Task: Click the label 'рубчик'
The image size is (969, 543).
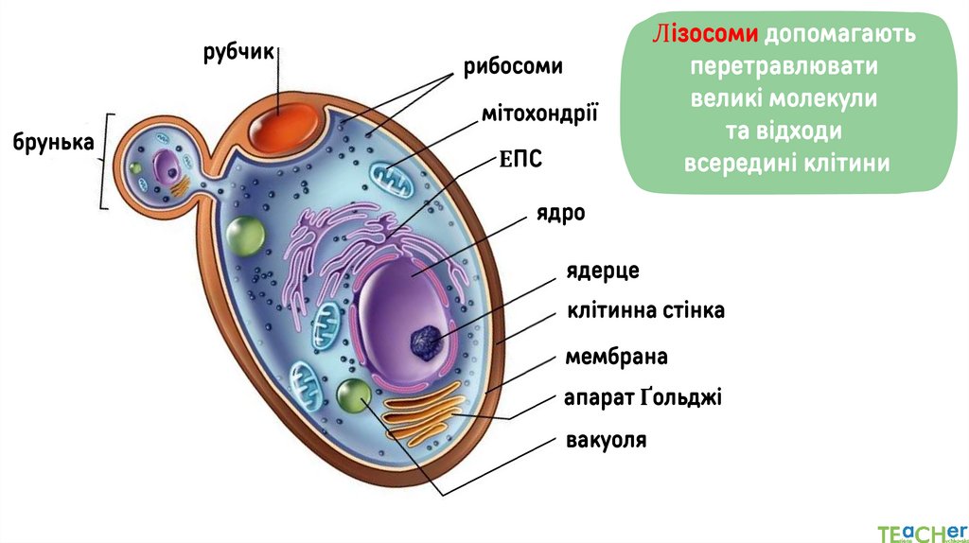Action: [238, 52]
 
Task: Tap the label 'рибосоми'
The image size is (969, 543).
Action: [513, 68]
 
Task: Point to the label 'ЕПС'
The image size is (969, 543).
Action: [520, 160]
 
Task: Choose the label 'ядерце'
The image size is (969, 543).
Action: [603, 271]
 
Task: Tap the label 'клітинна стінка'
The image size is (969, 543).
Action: [645, 310]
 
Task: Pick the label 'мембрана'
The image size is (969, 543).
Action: [616, 357]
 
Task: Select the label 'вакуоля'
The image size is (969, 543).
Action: [606, 440]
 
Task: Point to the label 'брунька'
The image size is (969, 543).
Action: [54, 143]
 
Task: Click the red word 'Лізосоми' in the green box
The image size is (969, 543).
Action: [705, 37]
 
